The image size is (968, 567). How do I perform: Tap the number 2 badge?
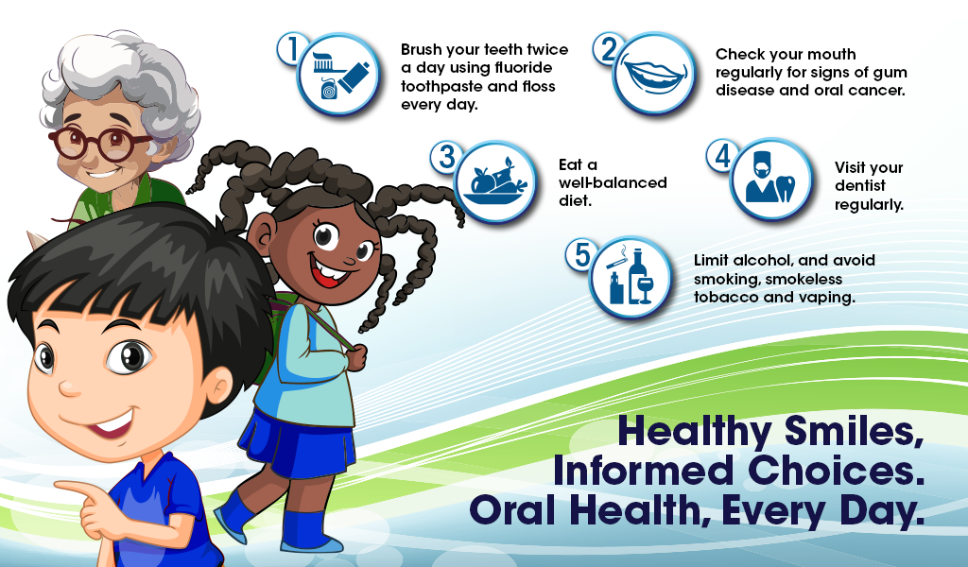(607, 49)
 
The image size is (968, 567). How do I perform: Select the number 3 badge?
(444, 157)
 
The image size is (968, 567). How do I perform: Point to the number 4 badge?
(720, 155)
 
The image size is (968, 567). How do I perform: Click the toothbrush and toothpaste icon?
(338, 75)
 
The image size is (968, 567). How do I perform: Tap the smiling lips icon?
(654, 74)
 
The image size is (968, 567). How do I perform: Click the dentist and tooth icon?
(770, 180)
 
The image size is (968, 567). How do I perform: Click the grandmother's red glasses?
(98, 144)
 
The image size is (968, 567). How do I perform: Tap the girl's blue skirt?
(297, 444)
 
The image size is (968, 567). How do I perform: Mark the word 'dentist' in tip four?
(860, 186)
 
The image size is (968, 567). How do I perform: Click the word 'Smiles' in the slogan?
(854, 431)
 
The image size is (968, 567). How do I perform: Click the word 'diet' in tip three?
(576, 200)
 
